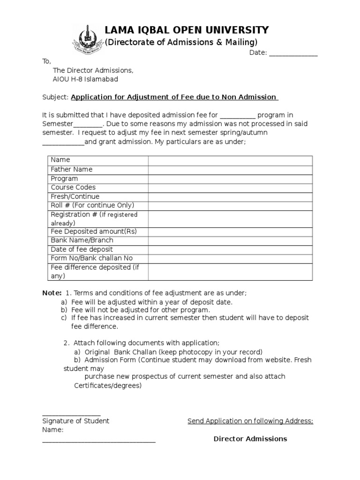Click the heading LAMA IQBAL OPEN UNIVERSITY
pyautogui.click(x=187, y=30)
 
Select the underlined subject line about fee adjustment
pyautogui.click(x=174, y=97)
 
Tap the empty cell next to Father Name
pyautogui.click(x=230, y=170)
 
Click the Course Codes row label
pyautogui.click(x=73, y=187)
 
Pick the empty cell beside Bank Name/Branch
pyautogui.click(x=230, y=240)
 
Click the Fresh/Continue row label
pyautogui.click(x=75, y=196)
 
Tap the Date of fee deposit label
pyautogui.click(x=82, y=249)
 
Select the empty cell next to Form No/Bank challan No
pyautogui.click(x=230, y=258)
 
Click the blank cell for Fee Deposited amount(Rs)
pyautogui.click(x=230, y=232)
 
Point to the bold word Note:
pyautogui.click(x=52, y=293)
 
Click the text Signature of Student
pyautogui.click(x=75, y=421)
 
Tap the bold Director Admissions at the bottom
pyautogui.click(x=250, y=439)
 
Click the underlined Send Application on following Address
pyautogui.click(x=250, y=421)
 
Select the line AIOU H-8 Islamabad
pyautogui.click(x=85, y=79)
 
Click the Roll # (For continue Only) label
pyautogui.click(x=92, y=205)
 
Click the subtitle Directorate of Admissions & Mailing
pyautogui.click(x=181, y=42)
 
